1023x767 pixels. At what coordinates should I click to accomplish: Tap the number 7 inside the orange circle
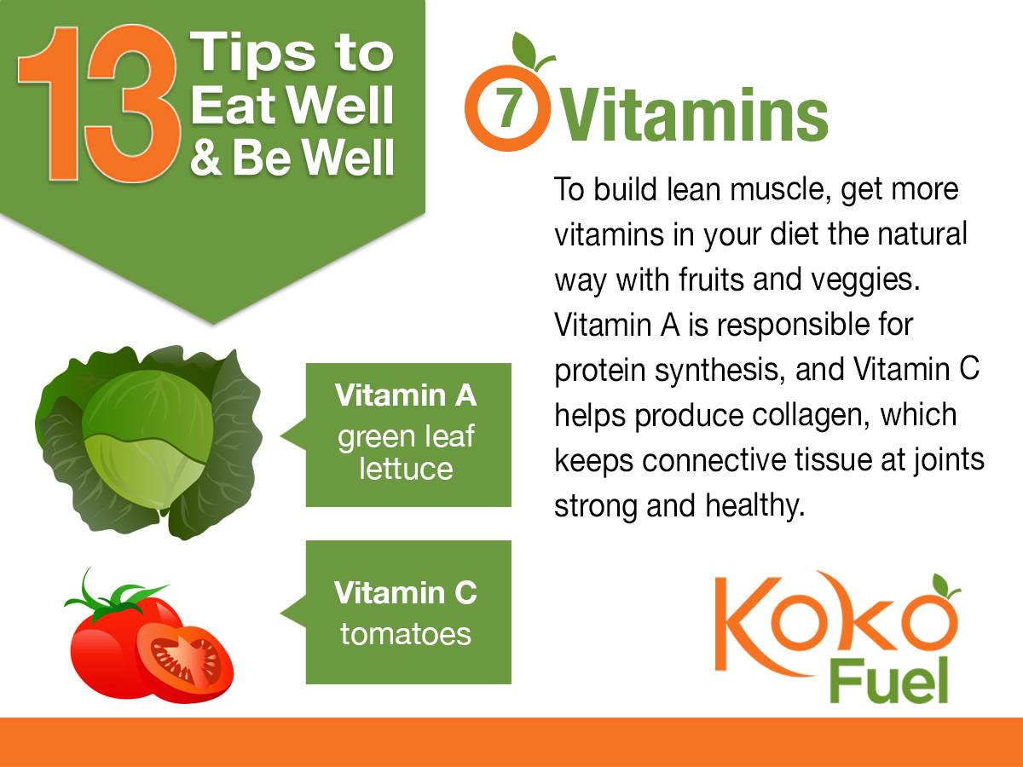[x=508, y=112]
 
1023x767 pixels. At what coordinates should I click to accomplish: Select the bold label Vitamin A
[x=406, y=395]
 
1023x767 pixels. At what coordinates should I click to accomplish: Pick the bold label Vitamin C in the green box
[x=405, y=592]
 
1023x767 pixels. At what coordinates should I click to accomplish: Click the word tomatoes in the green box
[x=405, y=634]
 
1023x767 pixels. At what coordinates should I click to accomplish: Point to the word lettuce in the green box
[x=405, y=468]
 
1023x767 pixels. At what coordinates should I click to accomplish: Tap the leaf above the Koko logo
[x=945, y=585]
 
